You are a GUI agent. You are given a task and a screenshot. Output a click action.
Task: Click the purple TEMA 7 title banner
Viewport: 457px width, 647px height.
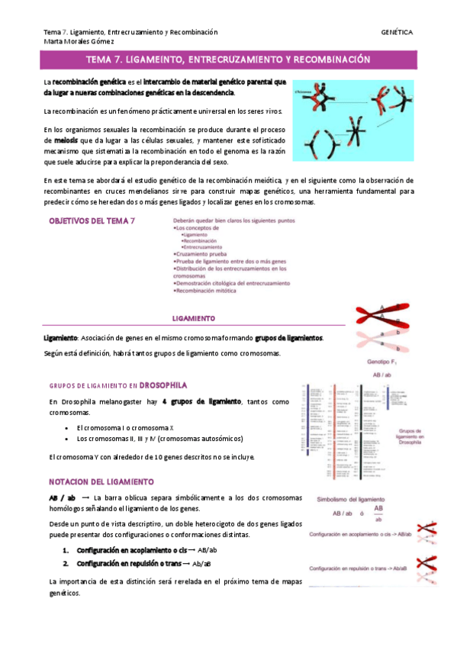click(228, 58)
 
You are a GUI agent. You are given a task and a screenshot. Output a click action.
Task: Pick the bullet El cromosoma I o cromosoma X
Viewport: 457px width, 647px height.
click(121, 428)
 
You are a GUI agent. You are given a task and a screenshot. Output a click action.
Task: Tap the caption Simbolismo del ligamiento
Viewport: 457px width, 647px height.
click(350, 499)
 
